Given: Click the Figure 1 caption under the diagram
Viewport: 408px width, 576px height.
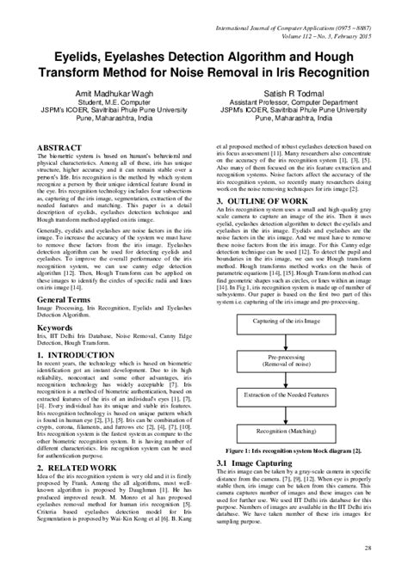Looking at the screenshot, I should click(295, 449).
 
